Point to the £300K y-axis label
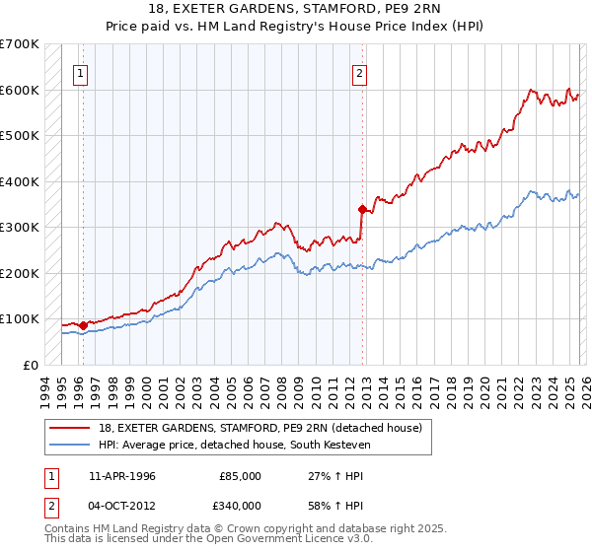pos(19,227)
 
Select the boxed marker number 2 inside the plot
pos(360,72)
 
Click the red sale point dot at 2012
pos(362,209)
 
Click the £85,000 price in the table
pos(240,475)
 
